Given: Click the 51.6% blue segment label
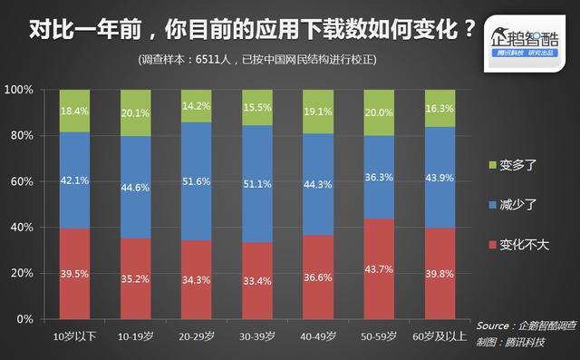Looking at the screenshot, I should pos(196,181).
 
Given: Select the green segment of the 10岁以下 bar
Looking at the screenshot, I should pos(74,112).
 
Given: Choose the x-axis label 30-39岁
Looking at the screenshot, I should pos(256,336).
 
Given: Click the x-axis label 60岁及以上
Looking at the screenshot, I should pos(439,336).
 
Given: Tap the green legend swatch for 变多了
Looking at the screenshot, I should pos(493,164).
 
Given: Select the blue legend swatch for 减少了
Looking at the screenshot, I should pos(493,205).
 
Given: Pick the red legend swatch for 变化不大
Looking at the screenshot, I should pos(493,245).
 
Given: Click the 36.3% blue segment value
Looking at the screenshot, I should pos(379,178).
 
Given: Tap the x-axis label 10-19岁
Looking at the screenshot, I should pos(135,336).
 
